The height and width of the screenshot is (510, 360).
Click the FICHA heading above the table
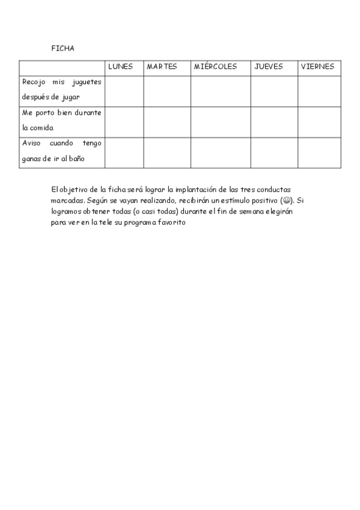(63, 49)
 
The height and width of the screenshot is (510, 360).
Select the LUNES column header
(120, 67)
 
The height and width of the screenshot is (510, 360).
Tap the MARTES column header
(162, 67)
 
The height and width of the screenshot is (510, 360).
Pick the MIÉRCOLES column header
(215, 67)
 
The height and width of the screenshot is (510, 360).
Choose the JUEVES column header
(269, 67)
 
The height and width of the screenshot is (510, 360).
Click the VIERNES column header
(317, 67)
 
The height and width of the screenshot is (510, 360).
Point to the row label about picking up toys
(62, 89)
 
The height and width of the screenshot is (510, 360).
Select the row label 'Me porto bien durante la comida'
(62, 120)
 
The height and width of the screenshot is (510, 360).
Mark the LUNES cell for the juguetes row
(124, 90)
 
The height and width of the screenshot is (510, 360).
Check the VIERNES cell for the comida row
(319, 121)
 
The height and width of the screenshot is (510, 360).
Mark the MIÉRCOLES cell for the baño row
(221, 153)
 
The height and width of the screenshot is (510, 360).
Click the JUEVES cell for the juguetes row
(274, 90)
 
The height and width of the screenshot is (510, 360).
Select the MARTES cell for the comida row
(167, 121)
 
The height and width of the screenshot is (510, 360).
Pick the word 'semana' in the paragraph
(235, 212)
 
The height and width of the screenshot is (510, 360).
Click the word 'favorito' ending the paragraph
(172, 223)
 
